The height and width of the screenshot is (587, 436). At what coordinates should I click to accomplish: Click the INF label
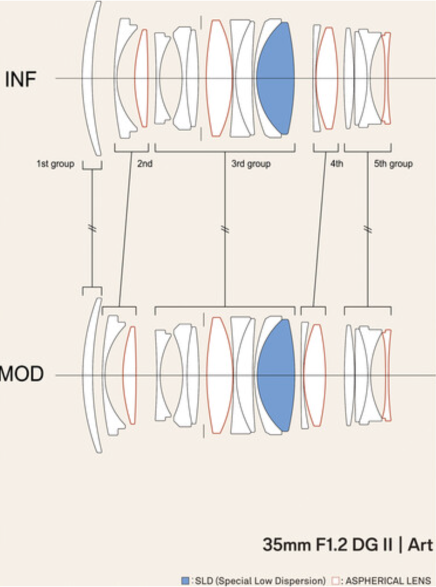[x=21, y=79]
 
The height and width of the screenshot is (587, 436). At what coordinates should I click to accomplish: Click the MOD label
[x=21, y=374]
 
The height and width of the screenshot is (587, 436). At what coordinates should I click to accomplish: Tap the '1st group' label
[x=56, y=164]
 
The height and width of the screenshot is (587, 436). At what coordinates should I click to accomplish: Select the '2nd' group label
[x=145, y=164]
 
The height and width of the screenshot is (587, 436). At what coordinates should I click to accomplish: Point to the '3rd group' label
[x=251, y=164]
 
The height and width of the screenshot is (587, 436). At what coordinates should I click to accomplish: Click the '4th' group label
[x=336, y=164]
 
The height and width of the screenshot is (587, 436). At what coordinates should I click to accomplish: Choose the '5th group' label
[x=393, y=164]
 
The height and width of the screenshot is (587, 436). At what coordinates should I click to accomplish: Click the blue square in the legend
[x=185, y=581]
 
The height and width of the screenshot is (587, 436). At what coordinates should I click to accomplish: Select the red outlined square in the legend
[x=336, y=581]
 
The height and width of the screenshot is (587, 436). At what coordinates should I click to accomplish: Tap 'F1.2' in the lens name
[x=336, y=545]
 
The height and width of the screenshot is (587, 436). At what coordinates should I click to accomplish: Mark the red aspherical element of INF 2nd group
[x=141, y=79]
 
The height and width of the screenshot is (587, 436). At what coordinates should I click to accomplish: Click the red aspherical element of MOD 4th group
[x=315, y=375]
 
